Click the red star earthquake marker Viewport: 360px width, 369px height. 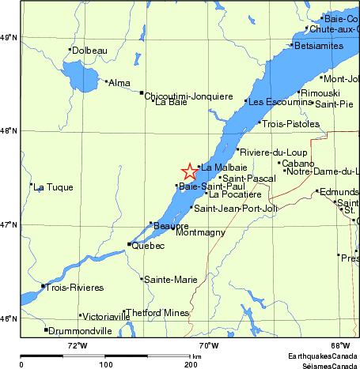190,171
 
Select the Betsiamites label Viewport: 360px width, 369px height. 318,45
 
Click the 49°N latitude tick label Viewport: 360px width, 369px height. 9,37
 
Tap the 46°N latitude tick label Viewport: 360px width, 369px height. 9,319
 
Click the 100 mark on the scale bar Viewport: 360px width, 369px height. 105,364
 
